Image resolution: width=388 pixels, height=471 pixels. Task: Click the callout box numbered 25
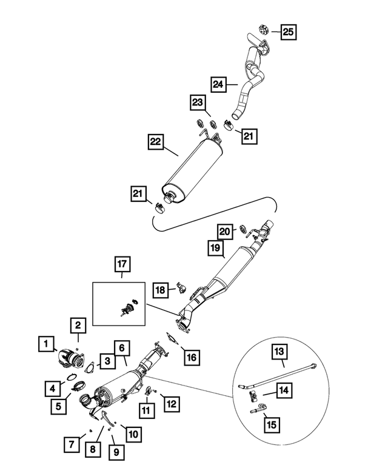tap(289, 30)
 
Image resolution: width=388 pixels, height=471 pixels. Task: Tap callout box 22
tap(156, 143)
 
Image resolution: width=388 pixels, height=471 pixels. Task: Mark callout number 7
tap(72, 444)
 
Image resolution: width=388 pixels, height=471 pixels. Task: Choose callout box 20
tap(226, 232)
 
